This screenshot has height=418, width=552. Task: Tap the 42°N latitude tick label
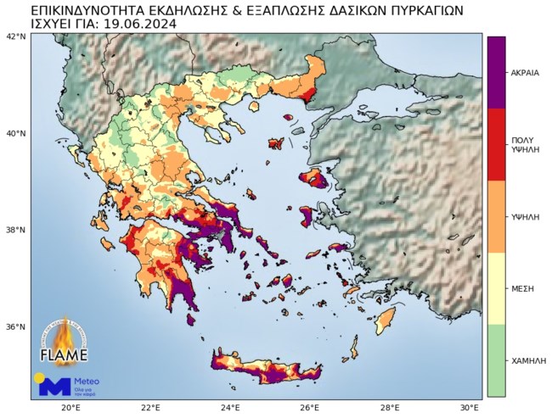click(16, 36)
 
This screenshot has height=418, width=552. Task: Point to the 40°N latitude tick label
click(16, 133)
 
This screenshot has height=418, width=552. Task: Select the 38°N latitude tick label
click(16, 230)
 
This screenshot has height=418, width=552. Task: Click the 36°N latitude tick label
click(16, 326)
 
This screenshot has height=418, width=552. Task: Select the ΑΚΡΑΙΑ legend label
click(525, 72)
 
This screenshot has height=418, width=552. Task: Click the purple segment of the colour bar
click(496, 72)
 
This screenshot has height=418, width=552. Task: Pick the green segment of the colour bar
click(496, 360)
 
